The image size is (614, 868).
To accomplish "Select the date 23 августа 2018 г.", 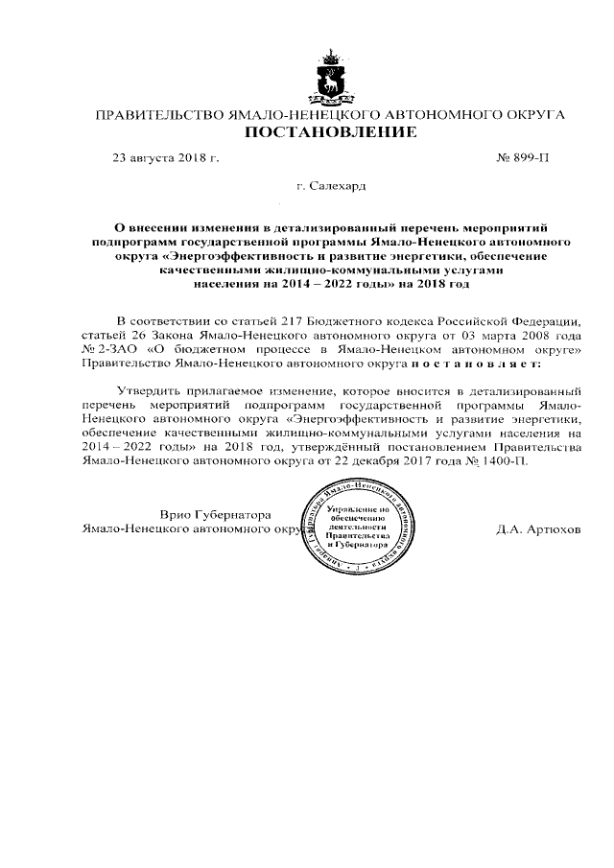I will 166,156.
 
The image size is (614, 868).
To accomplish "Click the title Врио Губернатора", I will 215,514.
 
